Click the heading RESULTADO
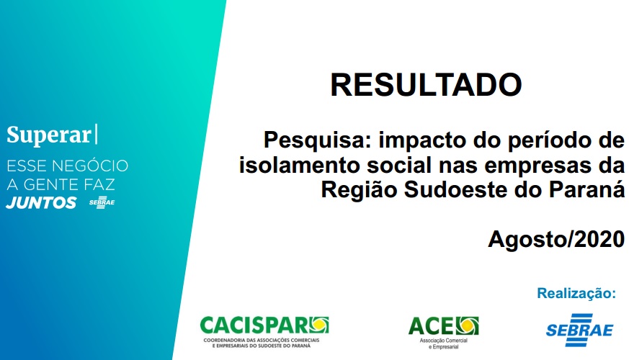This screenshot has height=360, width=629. tap(426, 84)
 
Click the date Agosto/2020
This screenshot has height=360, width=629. tap(556, 239)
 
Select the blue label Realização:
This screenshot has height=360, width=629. tap(576, 293)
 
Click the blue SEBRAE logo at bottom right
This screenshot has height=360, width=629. tap(579, 330)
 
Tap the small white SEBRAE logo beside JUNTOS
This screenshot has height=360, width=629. tap(102, 202)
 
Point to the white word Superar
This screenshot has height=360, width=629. tap(49, 135)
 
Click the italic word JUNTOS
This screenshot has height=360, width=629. tap(41, 203)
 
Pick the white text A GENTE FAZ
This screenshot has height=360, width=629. tap(61, 184)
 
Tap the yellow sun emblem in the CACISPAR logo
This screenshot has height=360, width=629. tap(318, 325)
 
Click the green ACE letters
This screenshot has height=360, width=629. tap(432, 326)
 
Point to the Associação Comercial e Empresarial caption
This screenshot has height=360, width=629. tap(444, 343)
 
